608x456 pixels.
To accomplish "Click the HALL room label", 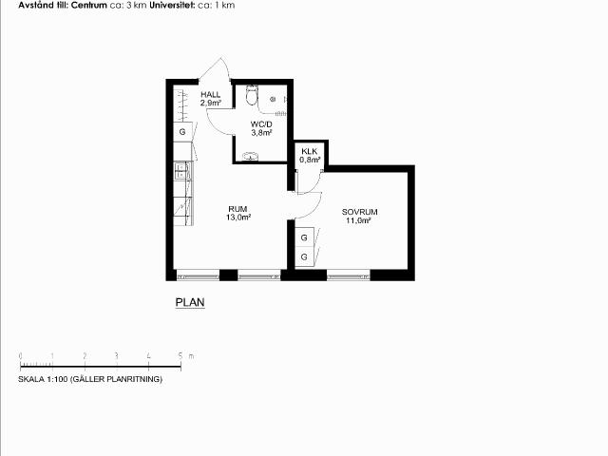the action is pyautogui.click(x=211, y=94).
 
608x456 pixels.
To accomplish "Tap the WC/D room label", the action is pyautogui.click(x=261, y=124).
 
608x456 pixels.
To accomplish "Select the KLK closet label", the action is pyautogui.click(x=310, y=151).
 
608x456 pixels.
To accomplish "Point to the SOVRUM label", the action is pyautogui.click(x=359, y=212).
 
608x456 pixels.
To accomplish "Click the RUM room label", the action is pyautogui.click(x=237, y=209).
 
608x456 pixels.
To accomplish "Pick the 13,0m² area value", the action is pyautogui.click(x=238, y=218).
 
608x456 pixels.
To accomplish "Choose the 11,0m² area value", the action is pyautogui.click(x=359, y=220).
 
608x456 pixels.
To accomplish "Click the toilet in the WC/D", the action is pyautogui.click(x=252, y=95).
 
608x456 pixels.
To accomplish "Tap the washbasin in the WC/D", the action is pyautogui.click(x=251, y=156).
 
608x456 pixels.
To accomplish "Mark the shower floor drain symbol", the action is pyautogui.click(x=273, y=99).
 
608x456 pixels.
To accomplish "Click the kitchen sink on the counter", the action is pyautogui.click(x=181, y=171).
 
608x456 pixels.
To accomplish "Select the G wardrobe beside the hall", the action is pyautogui.click(x=182, y=132).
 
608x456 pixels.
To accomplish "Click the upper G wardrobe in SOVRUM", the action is pyautogui.click(x=304, y=237).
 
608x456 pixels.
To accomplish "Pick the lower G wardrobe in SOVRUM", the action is pyautogui.click(x=304, y=256).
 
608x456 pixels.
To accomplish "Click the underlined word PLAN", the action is pyautogui.click(x=190, y=302).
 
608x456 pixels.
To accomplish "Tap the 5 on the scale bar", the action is pyautogui.click(x=180, y=356).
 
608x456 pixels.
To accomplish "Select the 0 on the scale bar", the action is pyautogui.click(x=21, y=356).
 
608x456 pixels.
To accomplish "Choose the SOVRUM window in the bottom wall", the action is pyautogui.click(x=349, y=276).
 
